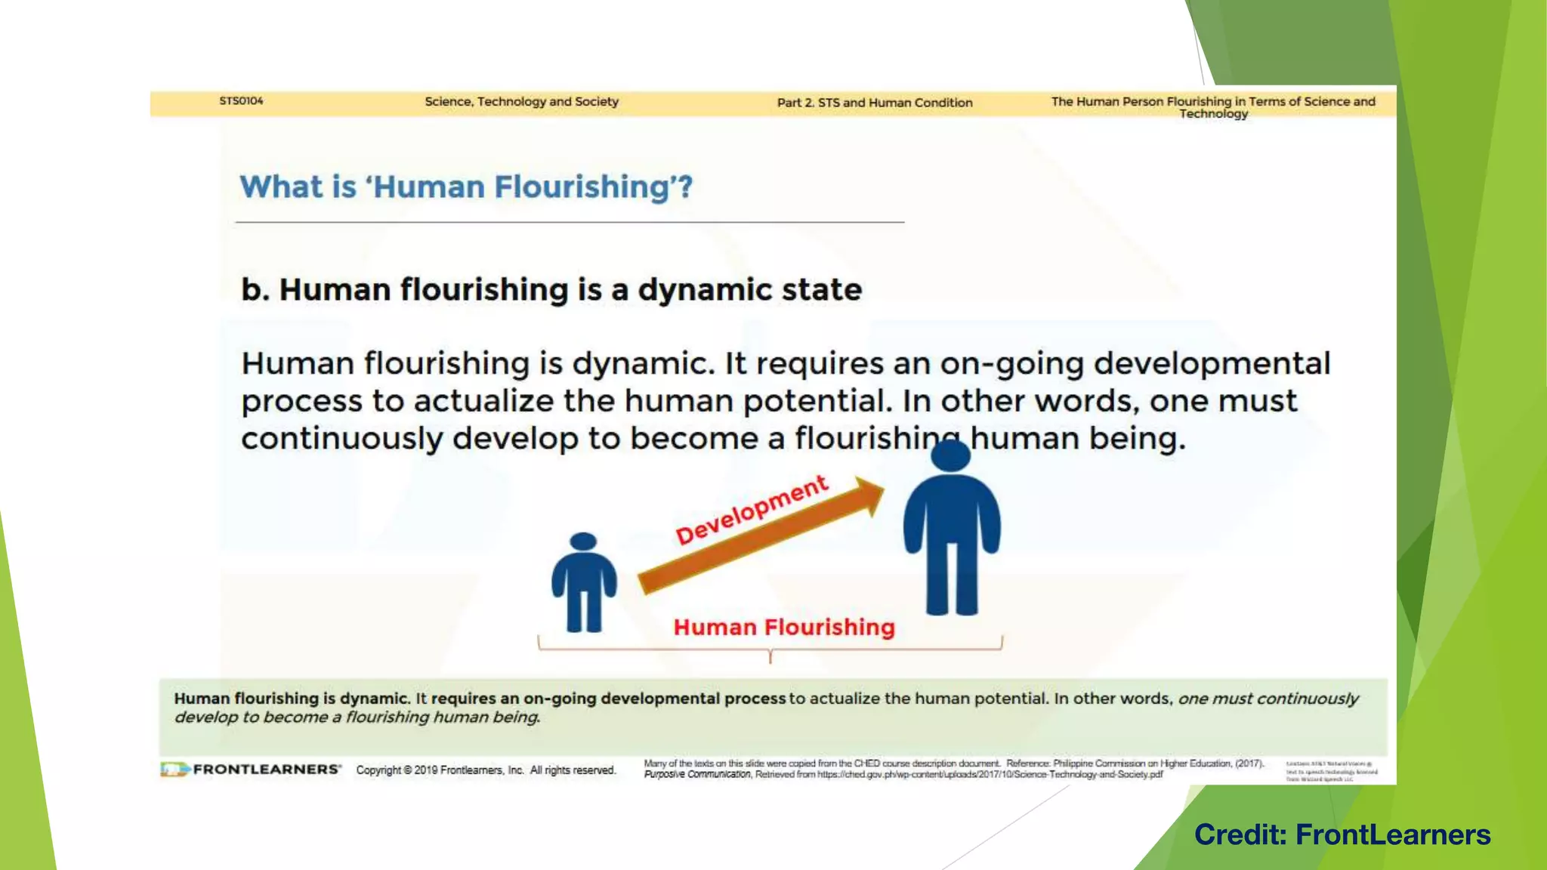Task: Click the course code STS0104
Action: [241, 101]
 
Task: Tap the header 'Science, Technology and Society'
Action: [521, 102]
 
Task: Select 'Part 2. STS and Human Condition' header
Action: [875, 103]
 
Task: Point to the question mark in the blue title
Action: [685, 187]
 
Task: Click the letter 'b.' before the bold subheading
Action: [255, 290]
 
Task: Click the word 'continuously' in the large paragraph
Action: [341, 439]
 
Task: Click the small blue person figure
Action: [584, 582]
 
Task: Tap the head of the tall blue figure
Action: [950, 456]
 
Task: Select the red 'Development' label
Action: [752, 510]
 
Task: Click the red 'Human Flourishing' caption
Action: [784, 628]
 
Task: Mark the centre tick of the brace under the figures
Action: [770, 657]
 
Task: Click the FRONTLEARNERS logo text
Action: [266, 770]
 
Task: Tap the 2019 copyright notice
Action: [486, 770]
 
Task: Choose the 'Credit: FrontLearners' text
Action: [1342, 835]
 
